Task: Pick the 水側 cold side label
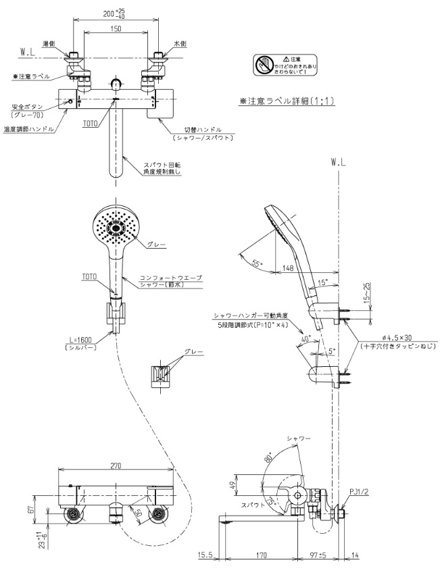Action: coord(180,43)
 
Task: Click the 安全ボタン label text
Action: coord(26,107)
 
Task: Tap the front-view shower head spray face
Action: coord(116,225)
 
